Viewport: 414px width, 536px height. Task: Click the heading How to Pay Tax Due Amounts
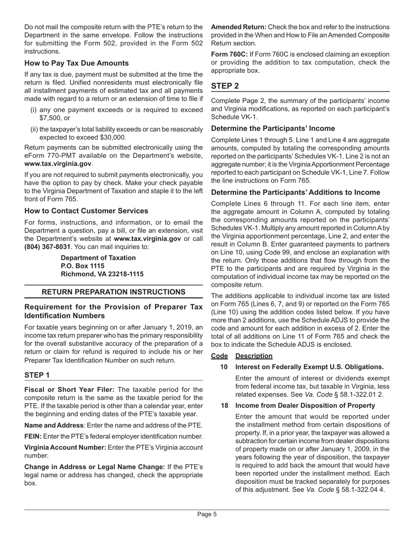pos(76,63)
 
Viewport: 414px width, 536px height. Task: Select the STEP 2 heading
pos(225,86)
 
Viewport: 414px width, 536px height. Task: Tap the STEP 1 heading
pos(37,375)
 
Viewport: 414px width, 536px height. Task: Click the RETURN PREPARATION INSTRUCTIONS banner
pos(113,292)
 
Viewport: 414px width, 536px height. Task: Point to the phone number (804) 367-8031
pos(47,247)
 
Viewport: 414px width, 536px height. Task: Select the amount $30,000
pos(111,137)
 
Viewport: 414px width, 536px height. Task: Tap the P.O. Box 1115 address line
pos(82,266)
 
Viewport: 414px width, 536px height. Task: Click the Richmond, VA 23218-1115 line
pos(102,274)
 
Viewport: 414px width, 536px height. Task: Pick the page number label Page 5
pos(207,514)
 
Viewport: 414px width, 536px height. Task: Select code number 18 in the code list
pos(224,405)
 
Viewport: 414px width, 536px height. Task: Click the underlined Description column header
pos(254,356)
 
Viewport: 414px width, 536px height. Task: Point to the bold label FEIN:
pos(33,437)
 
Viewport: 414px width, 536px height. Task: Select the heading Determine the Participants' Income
pos(273,129)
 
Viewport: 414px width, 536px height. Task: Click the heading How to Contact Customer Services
pos(86,211)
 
